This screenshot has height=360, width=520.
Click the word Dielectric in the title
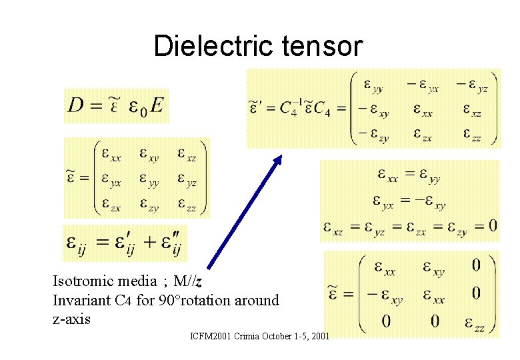(x=206, y=46)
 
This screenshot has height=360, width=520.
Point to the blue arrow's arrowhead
(x=278, y=161)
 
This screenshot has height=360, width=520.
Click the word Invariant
(x=78, y=300)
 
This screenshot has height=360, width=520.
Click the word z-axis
(x=71, y=319)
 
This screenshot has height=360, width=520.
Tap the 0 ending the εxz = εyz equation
(x=493, y=226)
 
